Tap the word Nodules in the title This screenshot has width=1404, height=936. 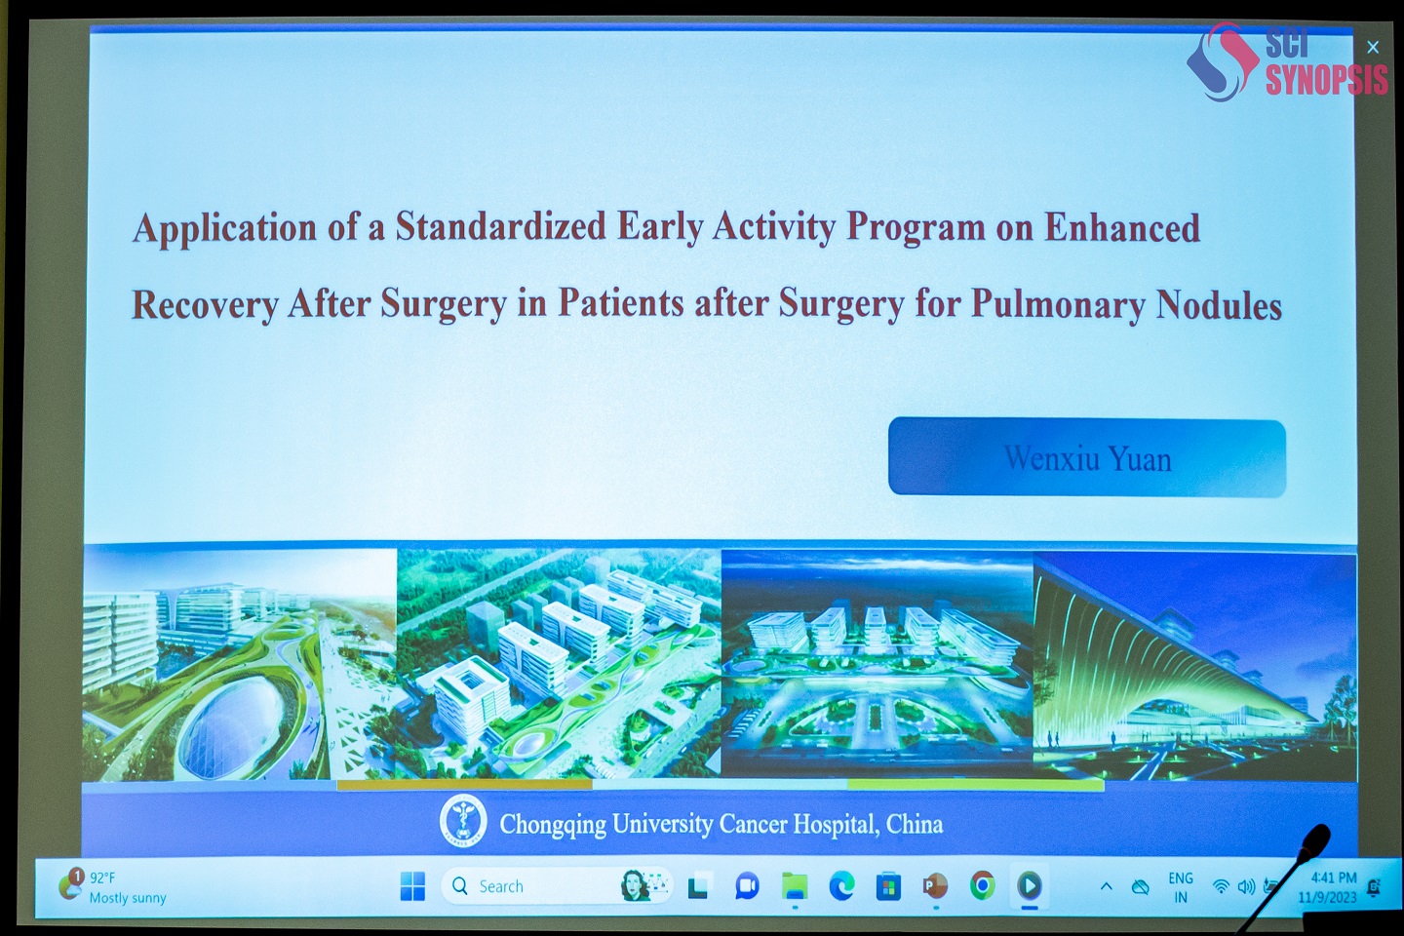click(x=1219, y=305)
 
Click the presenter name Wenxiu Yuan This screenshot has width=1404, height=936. click(x=1087, y=458)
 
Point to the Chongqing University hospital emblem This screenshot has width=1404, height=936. click(x=462, y=821)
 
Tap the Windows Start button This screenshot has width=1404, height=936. click(x=412, y=886)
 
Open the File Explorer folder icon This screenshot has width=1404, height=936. click(x=794, y=886)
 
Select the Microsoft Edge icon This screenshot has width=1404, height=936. click(x=841, y=886)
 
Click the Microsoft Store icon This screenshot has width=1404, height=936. click(x=888, y=887)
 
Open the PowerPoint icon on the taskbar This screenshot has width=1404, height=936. click(x=934, y=886)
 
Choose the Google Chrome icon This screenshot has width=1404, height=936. click(x=982, y=886)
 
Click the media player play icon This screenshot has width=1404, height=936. click(x=1030, y=886)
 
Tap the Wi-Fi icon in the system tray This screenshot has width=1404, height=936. click(x=1221, y=886)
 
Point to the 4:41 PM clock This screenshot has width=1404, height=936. click(x=1334, y=877)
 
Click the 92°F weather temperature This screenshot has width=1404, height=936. click(x=102, y=877)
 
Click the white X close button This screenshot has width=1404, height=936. click(x=1373, y=47)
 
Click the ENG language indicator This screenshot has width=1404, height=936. click(x=1181, y=878)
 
